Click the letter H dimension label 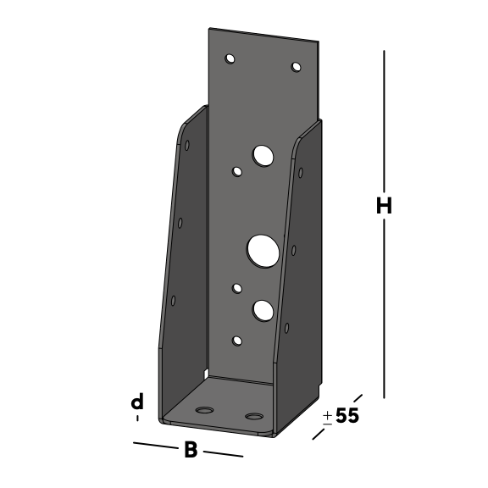tap(384, 205)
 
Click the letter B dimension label tap(191, 449)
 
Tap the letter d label tap(137, 402)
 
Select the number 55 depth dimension tap(347, 415)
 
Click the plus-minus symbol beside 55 tap(327, 419)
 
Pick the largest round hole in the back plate tap(263, 251)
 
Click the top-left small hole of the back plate tap(230, 58)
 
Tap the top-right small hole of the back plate tap(296, 67)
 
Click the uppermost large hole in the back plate tap(263, 156)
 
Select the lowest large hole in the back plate tap(263, 311)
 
